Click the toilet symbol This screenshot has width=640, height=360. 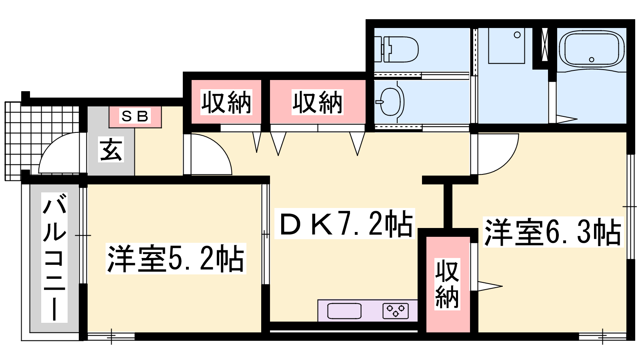pyautogui.click(x=396, y=49)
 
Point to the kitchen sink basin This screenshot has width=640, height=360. pyautogui.click(x=344, y=311)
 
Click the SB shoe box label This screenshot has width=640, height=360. pyautogui.click(x=135, y=116)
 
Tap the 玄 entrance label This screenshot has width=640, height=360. pyautogui.click(x=111, y=150)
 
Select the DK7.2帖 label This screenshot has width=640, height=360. pyautogui.click(x=345, y=224)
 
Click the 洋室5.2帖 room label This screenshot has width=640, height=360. pyautogui.click(x=176, y=258)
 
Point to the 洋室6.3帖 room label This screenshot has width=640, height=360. pyautogui.click(x=553, y=232)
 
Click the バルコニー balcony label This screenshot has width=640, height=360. pyautogui.click(x=54, y=258)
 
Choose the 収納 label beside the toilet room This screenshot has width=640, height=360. pyautogui.click(x=318, y=102)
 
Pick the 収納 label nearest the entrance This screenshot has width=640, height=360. pyautogui.click(x=226, y=102)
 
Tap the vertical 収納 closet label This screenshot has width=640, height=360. pyautogui.click(x=448, y=284)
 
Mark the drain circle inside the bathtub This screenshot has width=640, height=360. pyautogui.click(x=592, y=60)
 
